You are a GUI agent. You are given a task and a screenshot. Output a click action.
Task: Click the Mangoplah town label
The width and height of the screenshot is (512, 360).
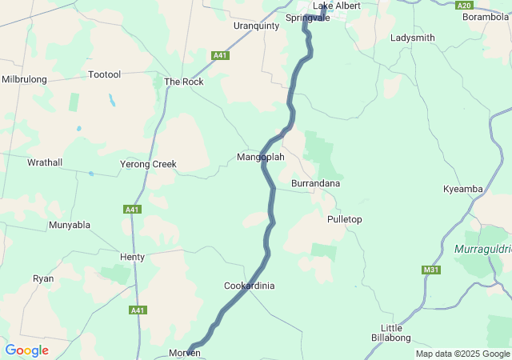[261, 157]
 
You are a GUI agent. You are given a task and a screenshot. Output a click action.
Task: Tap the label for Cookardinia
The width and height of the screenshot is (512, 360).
[249, 286]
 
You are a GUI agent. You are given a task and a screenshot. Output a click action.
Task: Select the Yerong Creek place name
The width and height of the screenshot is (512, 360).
[148, 164]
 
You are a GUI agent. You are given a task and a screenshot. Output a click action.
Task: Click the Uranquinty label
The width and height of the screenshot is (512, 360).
[256, 26]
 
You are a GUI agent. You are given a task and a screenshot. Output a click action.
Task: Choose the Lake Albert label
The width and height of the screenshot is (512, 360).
[336, 6]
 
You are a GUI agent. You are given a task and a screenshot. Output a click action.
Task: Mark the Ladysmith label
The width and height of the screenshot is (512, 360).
[413, 38]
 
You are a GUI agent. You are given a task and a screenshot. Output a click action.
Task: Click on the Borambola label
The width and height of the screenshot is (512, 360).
[486, 16]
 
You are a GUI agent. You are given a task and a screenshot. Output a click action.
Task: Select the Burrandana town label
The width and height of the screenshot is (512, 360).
[315, 183]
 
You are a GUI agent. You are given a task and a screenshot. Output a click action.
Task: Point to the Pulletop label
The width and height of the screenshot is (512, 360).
[345, 219]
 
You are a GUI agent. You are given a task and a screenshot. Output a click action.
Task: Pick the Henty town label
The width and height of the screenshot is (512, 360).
[132, 257]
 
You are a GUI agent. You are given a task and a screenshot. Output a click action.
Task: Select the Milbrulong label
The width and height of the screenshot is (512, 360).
[24, 79]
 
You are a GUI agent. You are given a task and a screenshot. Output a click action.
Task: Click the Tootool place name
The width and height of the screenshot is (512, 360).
[104, 74]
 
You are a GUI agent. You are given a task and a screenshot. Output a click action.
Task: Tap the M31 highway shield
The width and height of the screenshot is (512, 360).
[431, 270]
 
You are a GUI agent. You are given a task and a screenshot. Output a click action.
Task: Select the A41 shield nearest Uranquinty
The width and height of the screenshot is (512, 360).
[221, 55]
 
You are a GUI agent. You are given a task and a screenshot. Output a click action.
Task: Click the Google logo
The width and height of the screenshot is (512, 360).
[27, 350]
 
